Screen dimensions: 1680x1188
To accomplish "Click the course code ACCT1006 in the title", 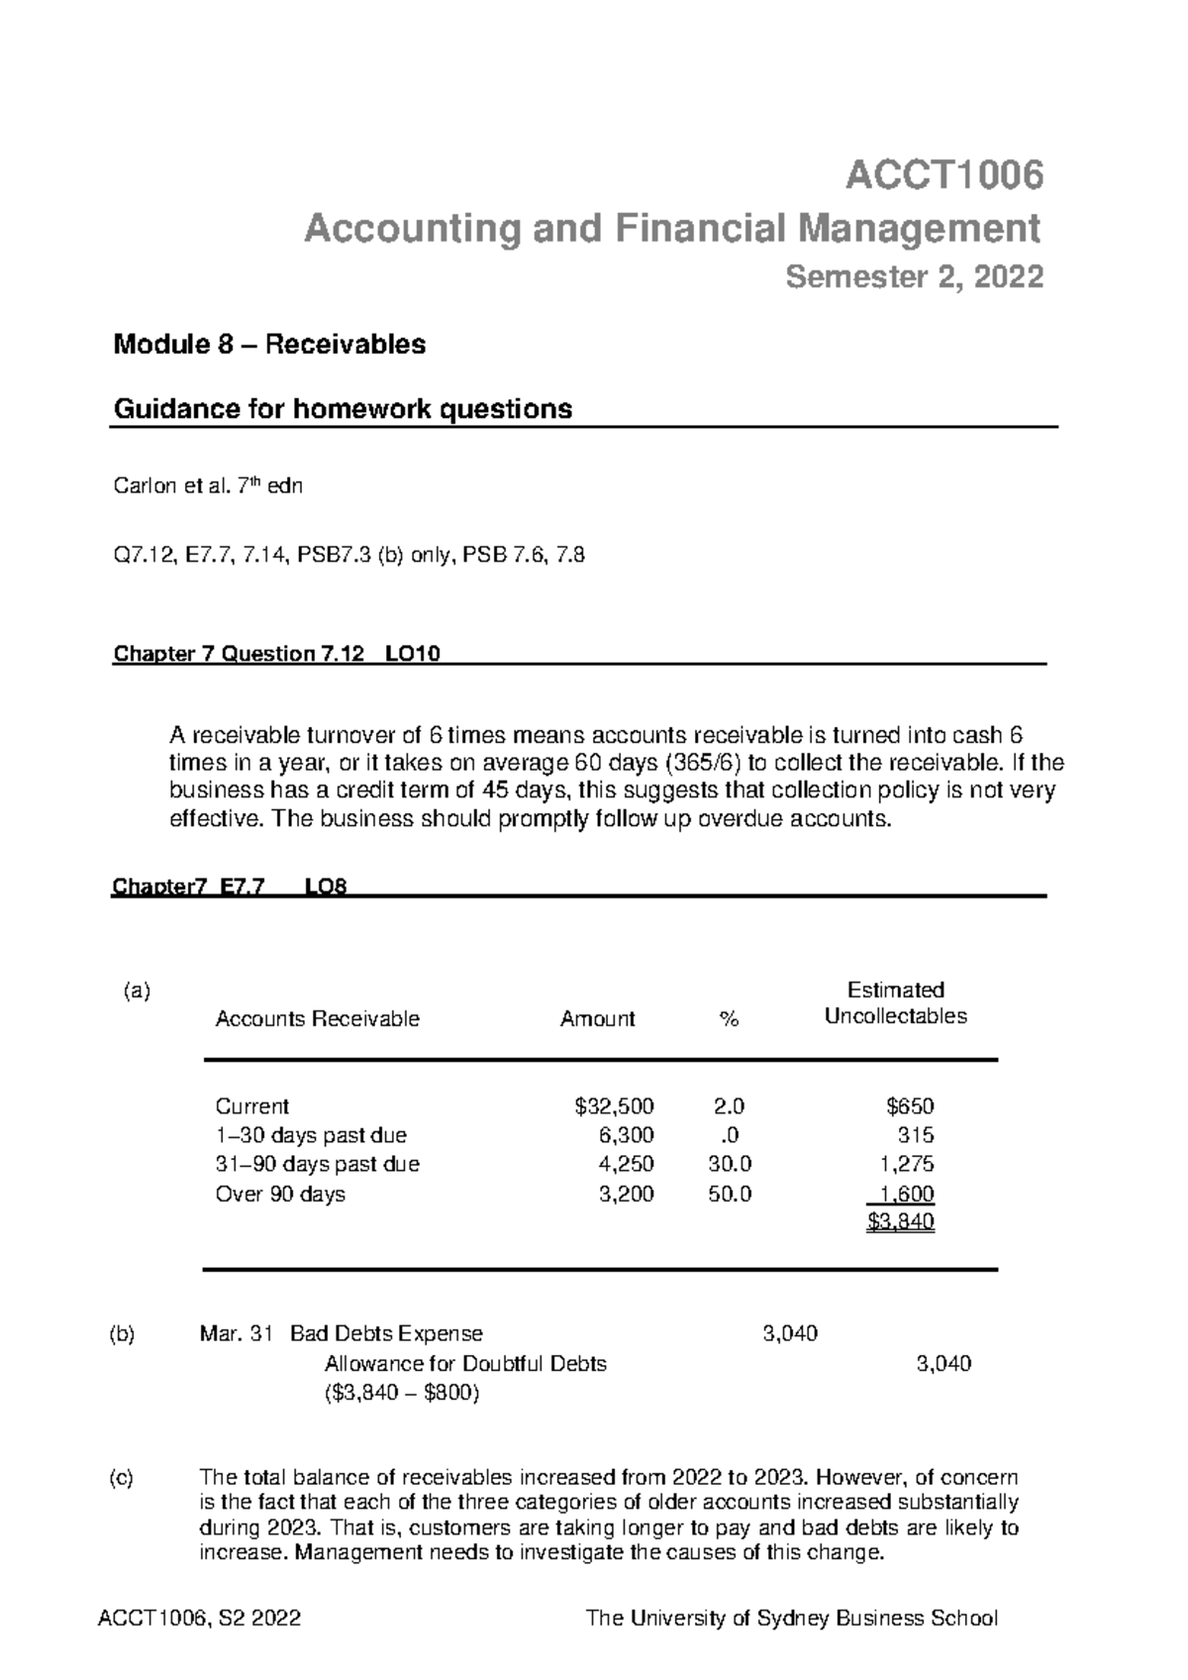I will [x=943, y=176].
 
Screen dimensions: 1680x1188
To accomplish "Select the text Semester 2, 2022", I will [x=914, y=277].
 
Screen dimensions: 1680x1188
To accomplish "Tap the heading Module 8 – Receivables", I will [x=269, y=345].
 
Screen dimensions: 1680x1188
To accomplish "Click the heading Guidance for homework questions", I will [x=343, y=409].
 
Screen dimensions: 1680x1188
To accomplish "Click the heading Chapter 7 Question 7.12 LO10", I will [x=277, y=654].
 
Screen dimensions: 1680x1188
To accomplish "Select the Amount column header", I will [x=597, y=1019].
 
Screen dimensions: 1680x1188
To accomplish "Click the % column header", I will [x=730, y=1019].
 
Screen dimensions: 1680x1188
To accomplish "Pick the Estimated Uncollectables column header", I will [x=895, y=1003].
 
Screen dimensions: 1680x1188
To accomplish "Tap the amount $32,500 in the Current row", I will [x=614, y=1106].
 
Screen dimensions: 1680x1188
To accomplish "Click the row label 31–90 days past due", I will [x=317, y=1164].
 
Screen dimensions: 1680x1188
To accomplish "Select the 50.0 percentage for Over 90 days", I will [x=730, y=1194].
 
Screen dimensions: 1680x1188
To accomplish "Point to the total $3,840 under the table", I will [x=900, y=1222].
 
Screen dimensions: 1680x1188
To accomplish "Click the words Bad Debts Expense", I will [x=386, y=1334].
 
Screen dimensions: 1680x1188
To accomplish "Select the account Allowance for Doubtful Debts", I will [x=465, y=1364].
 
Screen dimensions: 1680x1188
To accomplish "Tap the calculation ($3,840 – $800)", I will [x=402, y=1394].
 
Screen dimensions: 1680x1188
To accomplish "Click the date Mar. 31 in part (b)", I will [x=235, y=1334].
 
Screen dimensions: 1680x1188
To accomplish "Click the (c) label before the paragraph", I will [x=121, y=1477].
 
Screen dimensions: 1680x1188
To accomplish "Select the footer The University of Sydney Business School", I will [x=792, y=1619].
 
